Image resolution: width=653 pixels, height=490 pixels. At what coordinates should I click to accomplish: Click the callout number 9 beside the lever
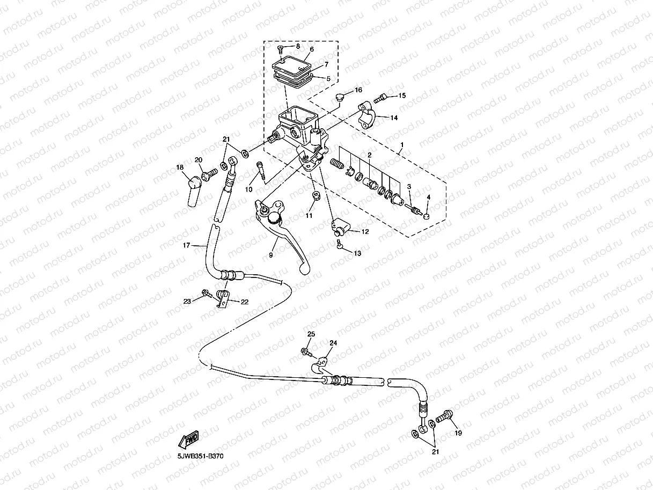point(271,255)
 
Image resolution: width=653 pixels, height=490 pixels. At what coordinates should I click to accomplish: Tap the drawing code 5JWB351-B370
point(201,456)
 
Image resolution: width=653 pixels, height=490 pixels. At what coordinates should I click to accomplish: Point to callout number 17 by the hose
point(186,245)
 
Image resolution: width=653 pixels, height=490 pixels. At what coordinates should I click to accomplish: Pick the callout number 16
point(358,90)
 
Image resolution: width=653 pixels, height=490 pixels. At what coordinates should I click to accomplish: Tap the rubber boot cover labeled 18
point(192,191)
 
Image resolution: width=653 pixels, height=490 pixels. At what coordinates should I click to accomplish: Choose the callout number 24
point(333,342)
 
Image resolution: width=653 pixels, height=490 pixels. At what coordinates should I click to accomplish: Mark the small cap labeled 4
point(427,216)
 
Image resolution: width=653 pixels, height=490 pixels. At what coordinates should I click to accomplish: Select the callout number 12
point(365,232)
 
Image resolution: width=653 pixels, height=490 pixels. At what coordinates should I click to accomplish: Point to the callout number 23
point(187,301)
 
